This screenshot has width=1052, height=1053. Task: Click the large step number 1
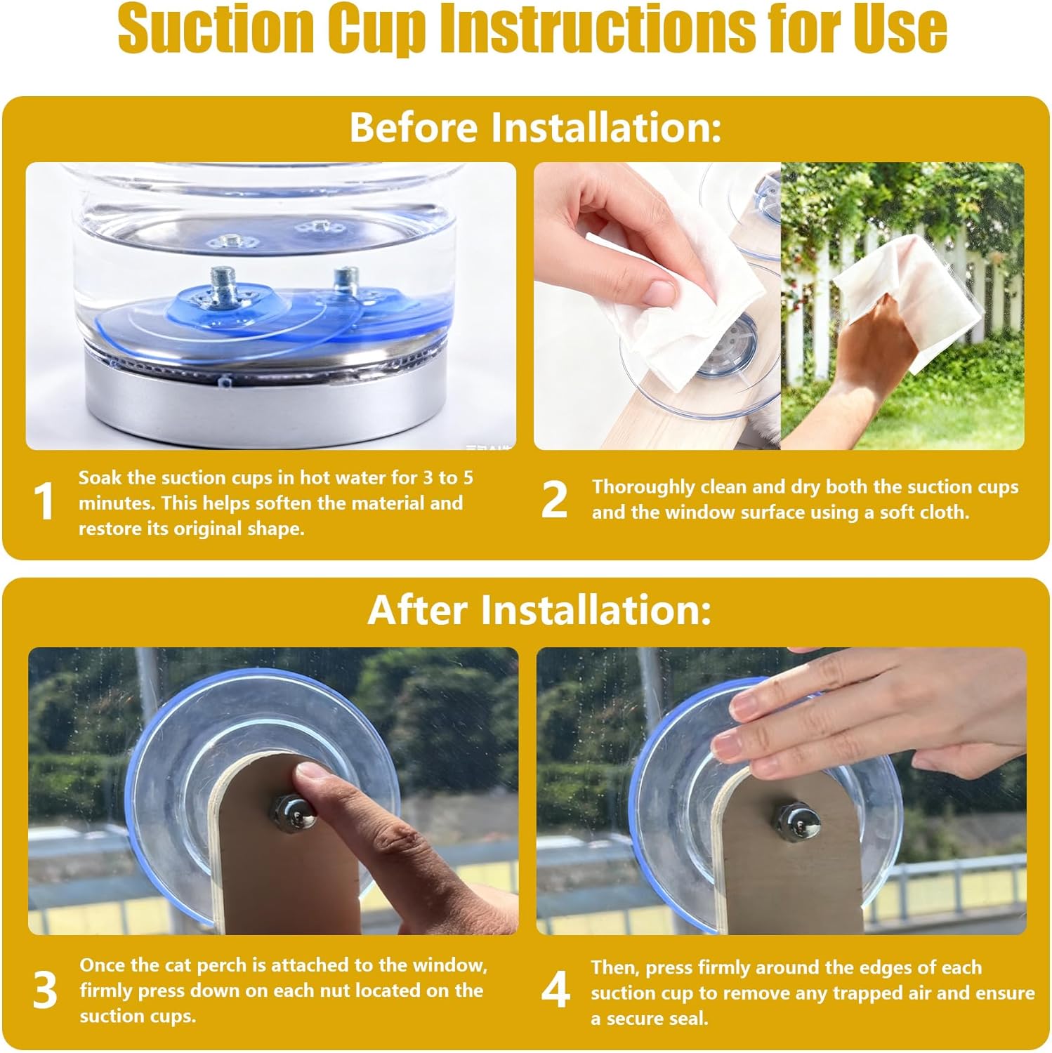[x=44, y=502]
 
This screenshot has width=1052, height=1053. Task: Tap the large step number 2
[x=554, y=499]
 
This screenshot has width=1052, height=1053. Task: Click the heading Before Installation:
[x=535, y=127]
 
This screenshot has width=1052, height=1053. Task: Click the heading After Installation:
[x=539, y=609]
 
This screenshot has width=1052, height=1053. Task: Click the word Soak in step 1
[x=99, y=477]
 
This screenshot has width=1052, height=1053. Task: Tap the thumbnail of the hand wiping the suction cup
[x=657, y=288]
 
